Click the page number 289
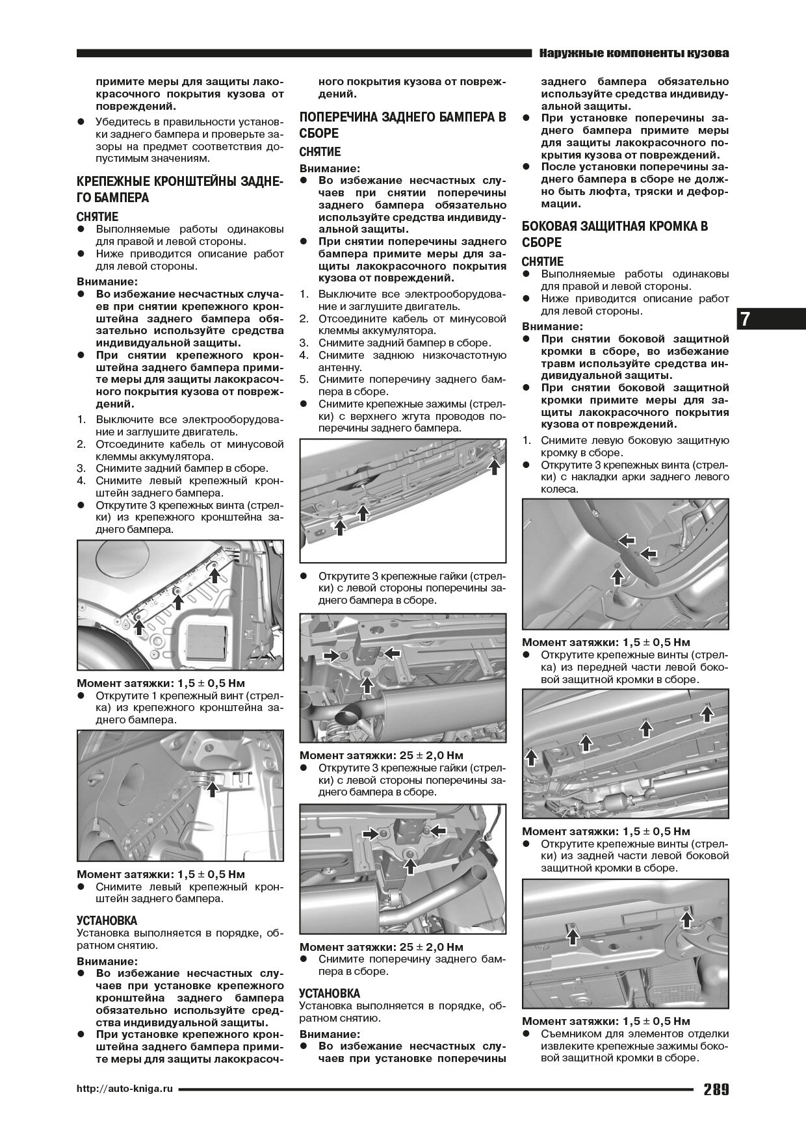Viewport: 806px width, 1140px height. click(x=715, y=1090)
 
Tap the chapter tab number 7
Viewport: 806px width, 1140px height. click(x=745, y=319)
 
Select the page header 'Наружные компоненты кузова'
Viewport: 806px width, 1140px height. click(x=634, y=53)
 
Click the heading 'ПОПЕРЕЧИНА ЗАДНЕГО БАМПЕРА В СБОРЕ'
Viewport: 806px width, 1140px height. click(x=402, y=125)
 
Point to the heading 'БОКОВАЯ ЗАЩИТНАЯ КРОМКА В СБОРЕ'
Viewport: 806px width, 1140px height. click(x=615, y=234)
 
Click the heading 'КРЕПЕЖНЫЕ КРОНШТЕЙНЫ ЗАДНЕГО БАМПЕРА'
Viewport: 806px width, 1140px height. click(x=179, y=188)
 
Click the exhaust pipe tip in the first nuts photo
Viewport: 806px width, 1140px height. click(x=348, y=717)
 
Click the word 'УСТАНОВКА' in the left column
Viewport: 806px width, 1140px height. click(x=107, y=920)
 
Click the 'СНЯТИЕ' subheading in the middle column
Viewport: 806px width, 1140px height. click(x=320, y=152)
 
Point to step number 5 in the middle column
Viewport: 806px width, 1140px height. click(x=304, y=379)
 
